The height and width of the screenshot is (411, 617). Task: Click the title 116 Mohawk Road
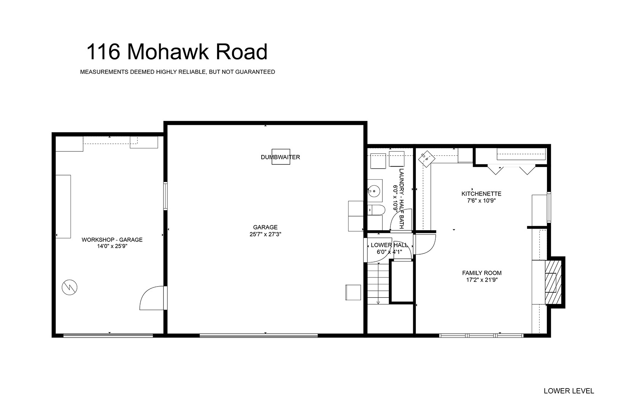[x=177, y=51]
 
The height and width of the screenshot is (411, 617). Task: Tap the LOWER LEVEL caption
[x=569, y=391]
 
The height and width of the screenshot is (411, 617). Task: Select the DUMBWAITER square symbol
[x=281, y=157]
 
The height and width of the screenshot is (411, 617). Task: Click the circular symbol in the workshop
[x=69, y=287]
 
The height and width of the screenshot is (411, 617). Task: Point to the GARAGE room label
[x=265, y=227]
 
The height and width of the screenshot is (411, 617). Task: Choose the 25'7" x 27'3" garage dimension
[x=265, y=234]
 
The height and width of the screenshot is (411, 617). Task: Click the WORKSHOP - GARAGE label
[x=112, y=240]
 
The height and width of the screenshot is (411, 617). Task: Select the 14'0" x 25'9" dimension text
[x=112, y=246]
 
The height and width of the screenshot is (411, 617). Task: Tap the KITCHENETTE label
[x=481, y=194]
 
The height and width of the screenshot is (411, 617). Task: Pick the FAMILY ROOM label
[x=482, y=273]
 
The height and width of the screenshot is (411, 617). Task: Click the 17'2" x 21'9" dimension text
[x=482, y=280]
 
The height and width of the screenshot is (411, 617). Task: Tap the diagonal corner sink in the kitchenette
[x=427, y=159]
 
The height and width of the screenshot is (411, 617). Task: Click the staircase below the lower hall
[x=378, y=283]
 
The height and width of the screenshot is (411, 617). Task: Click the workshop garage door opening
[x=108, y=336]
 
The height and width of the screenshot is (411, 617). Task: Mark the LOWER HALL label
[x=389, y=245]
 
